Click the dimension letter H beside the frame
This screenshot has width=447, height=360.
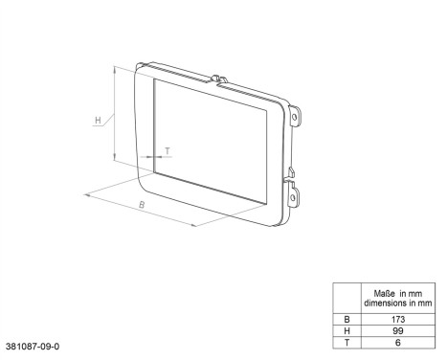[98, 121]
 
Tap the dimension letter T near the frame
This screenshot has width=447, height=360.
[168, 150]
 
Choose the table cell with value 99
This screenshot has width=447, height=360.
[396, 328]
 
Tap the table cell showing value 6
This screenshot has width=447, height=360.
[396, 341]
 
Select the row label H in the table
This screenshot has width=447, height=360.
[346, 328]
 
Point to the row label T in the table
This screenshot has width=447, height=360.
[346, 341]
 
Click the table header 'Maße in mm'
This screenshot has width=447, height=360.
[396, 292]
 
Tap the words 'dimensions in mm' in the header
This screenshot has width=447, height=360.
[396, 303]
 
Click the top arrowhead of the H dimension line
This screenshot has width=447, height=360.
[114, 68]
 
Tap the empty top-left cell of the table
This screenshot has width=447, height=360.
[346, 297]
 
